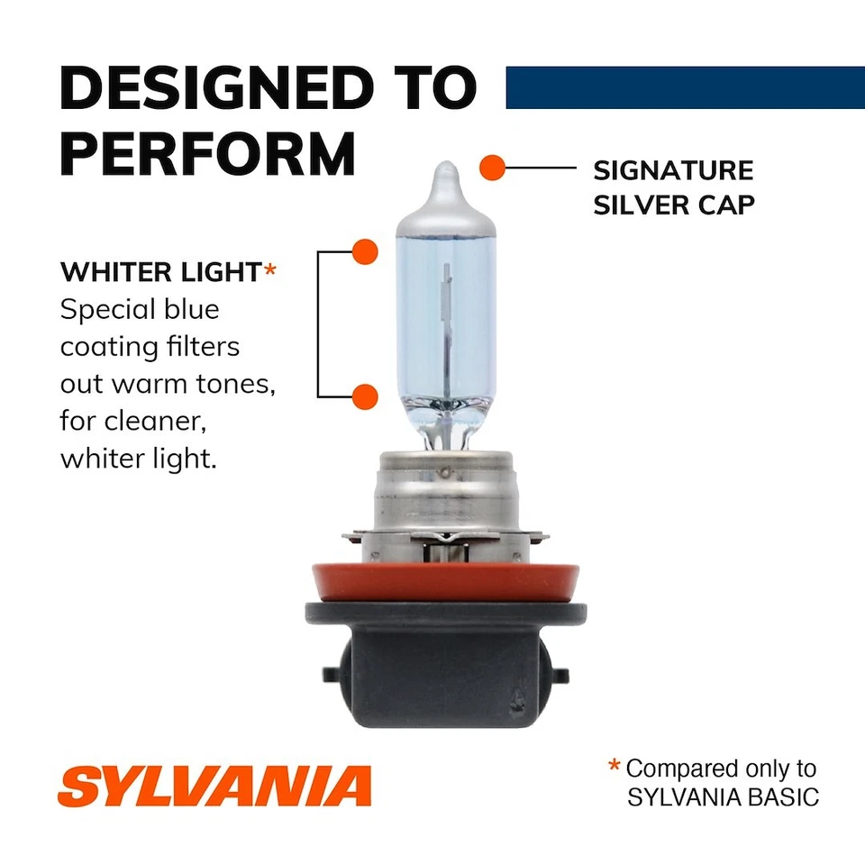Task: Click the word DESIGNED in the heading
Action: tap(216, 87)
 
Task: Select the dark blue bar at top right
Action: tap(685, 87)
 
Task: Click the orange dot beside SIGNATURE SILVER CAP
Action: tap(491, 168)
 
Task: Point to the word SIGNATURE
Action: tap(672, 170)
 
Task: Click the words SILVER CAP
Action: tap(672, 205)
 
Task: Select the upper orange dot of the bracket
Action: tap(365, 251)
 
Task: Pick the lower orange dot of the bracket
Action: tap(365, 396)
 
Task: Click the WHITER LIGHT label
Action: tap(160, 273)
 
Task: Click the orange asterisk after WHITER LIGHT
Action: tap(269, 270)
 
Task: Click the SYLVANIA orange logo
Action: tap(214, 787)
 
